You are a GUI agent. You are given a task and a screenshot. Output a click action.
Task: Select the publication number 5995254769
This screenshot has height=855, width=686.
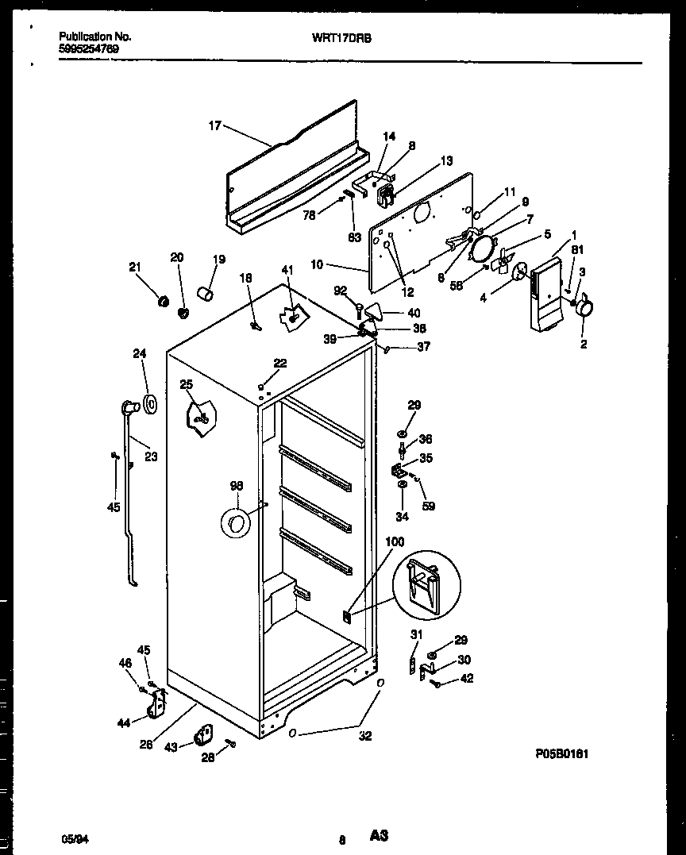90,48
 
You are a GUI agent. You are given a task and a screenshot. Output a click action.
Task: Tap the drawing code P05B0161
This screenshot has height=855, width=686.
561,754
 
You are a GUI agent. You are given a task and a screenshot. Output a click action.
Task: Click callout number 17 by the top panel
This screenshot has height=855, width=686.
214,125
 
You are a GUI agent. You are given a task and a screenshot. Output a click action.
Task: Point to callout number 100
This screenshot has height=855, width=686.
395,542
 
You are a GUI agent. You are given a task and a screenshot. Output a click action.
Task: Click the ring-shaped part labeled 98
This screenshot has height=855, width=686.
235,522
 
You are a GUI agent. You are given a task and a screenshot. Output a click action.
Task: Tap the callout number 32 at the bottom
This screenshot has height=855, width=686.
365,736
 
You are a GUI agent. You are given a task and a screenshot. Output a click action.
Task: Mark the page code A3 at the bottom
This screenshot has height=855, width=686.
379,836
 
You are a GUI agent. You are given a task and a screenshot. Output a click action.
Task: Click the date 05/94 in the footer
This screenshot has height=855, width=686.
71,838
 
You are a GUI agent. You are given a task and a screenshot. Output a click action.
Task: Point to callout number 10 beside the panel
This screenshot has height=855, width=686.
317,264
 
